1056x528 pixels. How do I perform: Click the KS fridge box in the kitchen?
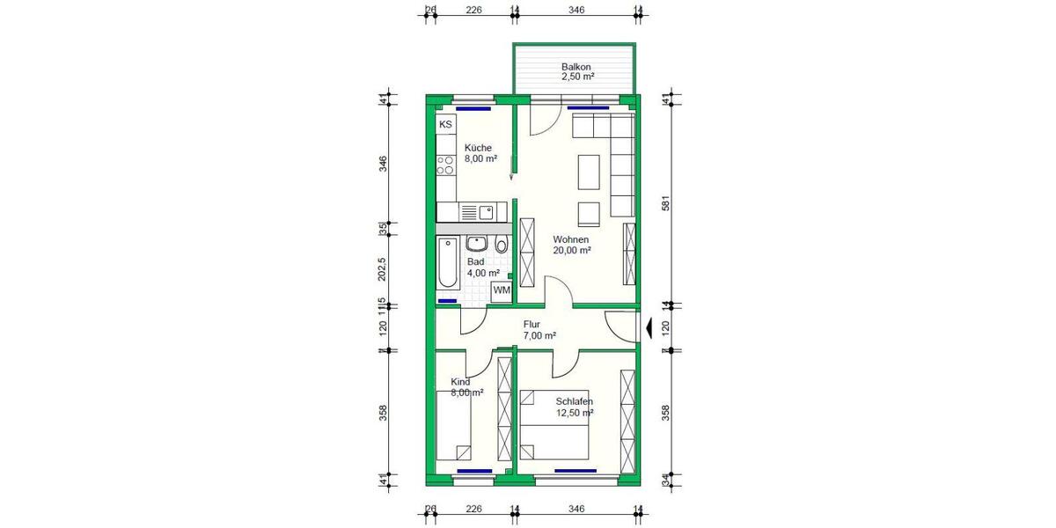446,125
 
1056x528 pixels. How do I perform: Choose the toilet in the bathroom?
501,246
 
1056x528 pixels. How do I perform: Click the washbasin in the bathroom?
477,244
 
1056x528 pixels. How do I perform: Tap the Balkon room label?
576,67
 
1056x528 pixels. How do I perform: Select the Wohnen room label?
571,239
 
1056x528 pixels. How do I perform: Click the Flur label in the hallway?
532,324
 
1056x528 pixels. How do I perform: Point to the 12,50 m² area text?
575,413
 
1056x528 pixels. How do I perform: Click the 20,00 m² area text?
571,251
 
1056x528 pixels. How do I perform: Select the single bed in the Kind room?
454,425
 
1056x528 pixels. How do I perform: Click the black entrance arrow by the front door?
649,329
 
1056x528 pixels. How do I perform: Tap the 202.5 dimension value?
383,269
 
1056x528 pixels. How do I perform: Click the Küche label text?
479,148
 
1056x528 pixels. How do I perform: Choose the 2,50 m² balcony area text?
577,77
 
